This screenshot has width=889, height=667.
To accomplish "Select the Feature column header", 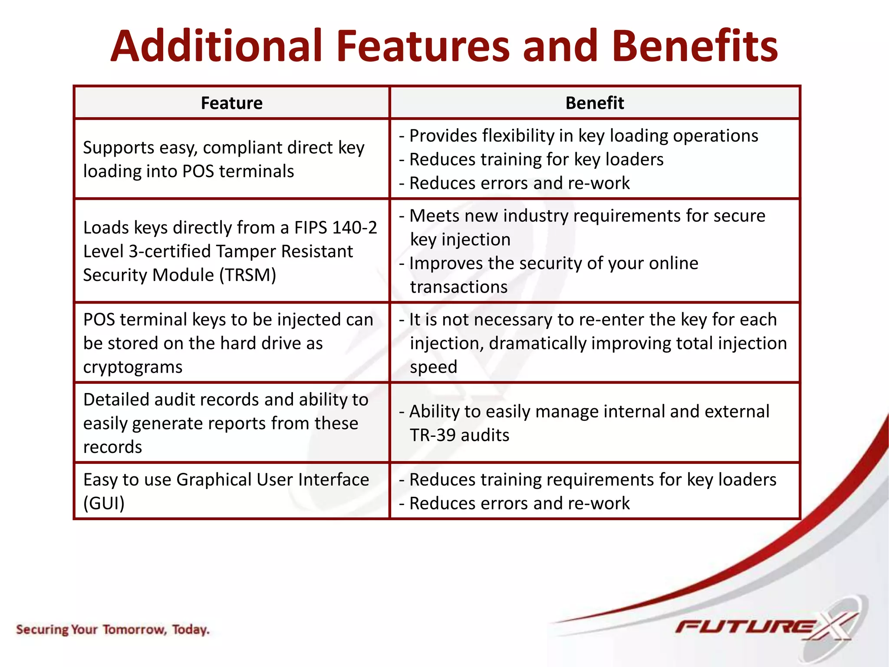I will point(231,103).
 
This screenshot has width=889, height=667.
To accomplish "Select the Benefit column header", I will point(594,103).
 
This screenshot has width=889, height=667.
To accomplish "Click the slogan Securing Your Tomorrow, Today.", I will point(113,629).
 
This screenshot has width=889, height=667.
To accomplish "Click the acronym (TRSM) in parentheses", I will point(247,275).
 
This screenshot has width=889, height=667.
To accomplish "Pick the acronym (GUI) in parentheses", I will point(104,503).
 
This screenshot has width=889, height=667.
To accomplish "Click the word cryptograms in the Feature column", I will point(133,367).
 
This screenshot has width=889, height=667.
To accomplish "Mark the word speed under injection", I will point(433,367).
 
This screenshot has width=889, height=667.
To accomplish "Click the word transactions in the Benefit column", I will point(458,287).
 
